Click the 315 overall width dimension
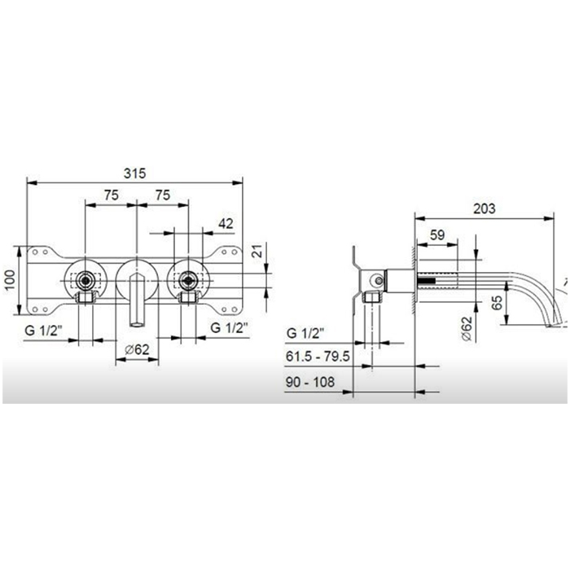click(x=135, y=173)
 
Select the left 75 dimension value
click(x=112, y=195)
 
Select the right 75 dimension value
click(x=163, y=195)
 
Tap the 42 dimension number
click(x=226, y=224)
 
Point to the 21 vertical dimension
click(x=257, y=251)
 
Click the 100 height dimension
click(x=10, y=280)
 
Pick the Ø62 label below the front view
click(x=137, y=349)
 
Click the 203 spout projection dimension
click(x=484, y=208)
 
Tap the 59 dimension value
click(x=437, y=235)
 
